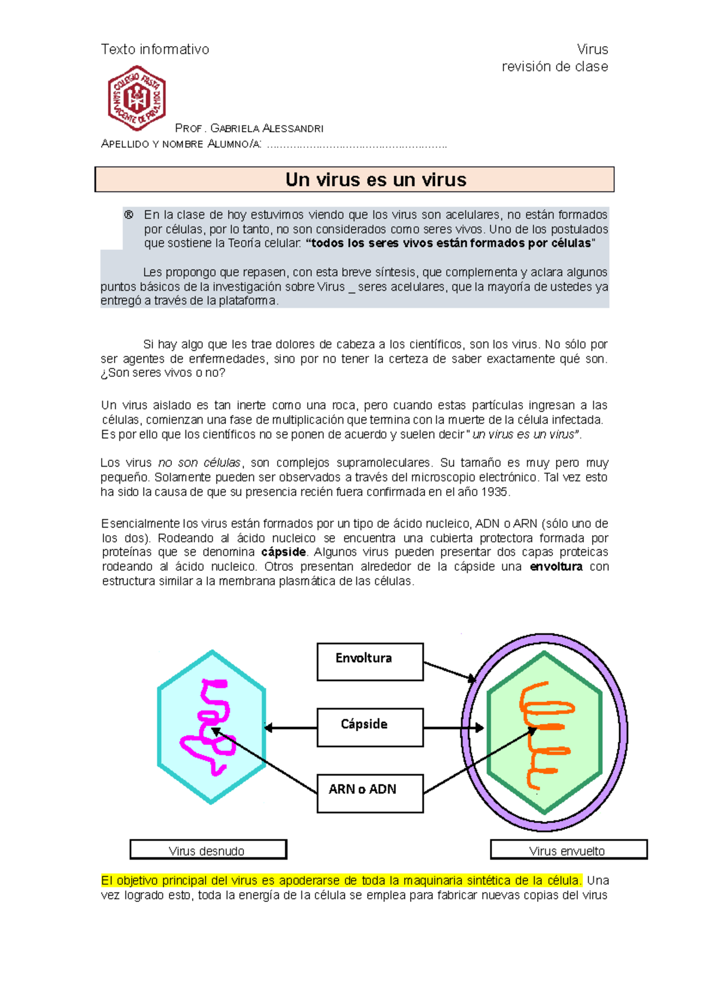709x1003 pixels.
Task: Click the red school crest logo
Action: pos(136,97)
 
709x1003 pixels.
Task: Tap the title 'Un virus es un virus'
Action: pos(376,180)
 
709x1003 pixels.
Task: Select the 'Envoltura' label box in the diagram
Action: pos(370,662)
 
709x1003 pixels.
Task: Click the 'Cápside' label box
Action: pos(370,727)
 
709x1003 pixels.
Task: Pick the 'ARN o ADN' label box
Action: pos(370,793)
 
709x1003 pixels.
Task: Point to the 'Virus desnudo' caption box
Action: pos(208,849)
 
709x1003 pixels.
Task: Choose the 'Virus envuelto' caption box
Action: pos(568,849)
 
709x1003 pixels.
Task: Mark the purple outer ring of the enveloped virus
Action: pos(623,732)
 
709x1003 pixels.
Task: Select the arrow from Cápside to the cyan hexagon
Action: pos(291,728)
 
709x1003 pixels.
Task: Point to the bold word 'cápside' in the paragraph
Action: pos(284,552)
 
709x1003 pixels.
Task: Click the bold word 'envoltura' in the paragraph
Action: pos(556,567)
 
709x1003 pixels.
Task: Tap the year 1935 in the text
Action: pos(495,492)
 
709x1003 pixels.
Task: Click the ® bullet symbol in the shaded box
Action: pos(128,215)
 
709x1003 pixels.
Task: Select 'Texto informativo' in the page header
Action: pos(155,50)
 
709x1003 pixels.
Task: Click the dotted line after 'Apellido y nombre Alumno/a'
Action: pos(357,145)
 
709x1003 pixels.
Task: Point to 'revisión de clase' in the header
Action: pos(554,67)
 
